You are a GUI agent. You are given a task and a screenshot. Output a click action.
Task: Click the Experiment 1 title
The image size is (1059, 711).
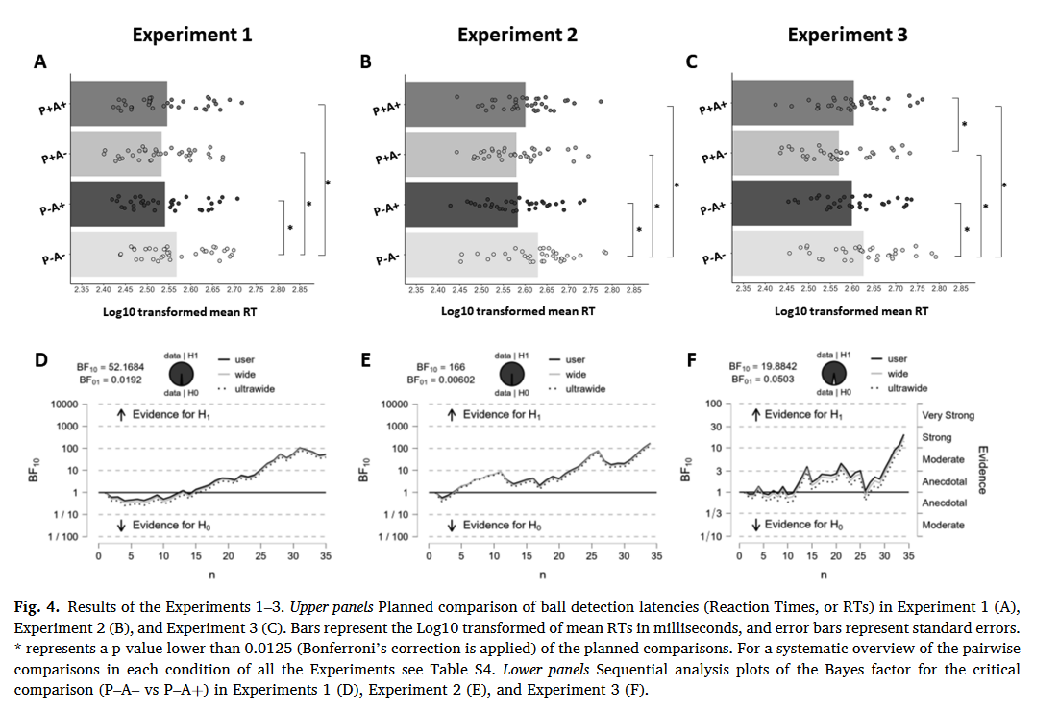(191, 36)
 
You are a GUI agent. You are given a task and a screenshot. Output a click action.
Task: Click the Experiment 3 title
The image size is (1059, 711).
(847, 36)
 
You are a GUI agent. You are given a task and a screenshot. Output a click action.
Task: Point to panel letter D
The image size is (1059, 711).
(40, 360)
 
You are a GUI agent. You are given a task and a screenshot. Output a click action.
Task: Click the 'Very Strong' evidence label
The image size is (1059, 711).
(948, 415)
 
